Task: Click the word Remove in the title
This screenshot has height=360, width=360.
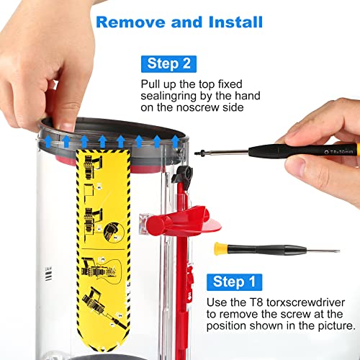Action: coord(131,22)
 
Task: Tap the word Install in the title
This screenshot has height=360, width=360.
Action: coord(235,22)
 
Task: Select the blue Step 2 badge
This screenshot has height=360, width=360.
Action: coord(168,64)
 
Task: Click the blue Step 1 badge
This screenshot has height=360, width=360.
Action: coord(234,282)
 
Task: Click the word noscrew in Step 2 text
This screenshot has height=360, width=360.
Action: coord(198,107)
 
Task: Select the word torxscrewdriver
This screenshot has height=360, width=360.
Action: coord(305,302)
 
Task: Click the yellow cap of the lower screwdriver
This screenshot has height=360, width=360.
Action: coord(220,248)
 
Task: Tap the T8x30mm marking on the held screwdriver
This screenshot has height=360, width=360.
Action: coord(341,152)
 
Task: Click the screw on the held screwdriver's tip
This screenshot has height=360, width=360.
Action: coord(199,153)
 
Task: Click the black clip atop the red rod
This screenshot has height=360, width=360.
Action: coord(183,174)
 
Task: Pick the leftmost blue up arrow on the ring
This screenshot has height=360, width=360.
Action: coord(48,141)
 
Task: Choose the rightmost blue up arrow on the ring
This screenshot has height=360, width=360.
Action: coord(176,142)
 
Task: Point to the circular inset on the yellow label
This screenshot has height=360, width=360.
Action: coord(113,233)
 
